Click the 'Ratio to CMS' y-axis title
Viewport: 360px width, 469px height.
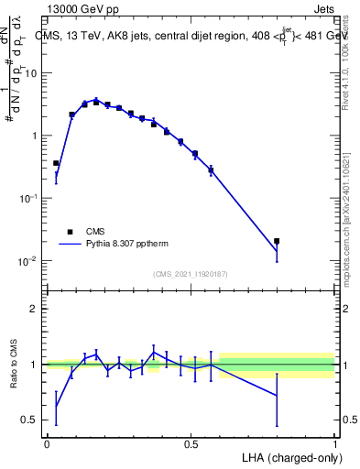14,364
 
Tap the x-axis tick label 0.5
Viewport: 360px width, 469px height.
191,443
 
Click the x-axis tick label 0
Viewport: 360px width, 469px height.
47,443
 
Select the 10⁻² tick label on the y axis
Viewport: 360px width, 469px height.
29,261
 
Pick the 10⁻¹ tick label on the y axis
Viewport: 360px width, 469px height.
29,198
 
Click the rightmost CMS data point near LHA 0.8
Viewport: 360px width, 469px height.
277,241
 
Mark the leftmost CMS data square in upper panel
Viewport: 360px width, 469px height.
56,163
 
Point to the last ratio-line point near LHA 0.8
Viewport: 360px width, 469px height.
277,396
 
